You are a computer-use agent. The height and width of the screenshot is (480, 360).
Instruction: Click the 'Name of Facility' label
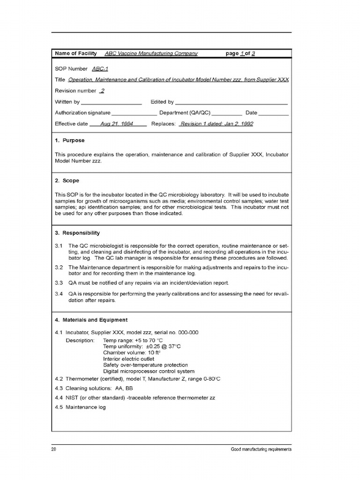pos(76,53)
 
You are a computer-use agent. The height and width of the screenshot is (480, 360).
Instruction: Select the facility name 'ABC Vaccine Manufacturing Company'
pos(151,53)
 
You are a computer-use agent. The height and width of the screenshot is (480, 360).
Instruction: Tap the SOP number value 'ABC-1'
pos(100,69)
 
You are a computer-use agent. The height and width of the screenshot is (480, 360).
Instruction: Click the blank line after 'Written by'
pos(112,102)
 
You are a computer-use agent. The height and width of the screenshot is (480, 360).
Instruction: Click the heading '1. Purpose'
pos(70,141)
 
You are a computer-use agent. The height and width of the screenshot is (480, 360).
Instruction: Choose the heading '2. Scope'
pos(67,181)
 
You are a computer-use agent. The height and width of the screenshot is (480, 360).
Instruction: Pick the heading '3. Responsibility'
pos(77,233)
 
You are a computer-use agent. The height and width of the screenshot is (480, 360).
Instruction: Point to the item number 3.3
pos(59,283)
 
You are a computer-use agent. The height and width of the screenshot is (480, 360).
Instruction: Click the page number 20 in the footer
pos(54,450)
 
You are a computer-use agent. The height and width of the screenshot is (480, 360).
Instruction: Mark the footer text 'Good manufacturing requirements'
pos(261,450)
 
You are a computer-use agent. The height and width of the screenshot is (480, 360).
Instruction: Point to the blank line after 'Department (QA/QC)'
pos(227,113)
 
